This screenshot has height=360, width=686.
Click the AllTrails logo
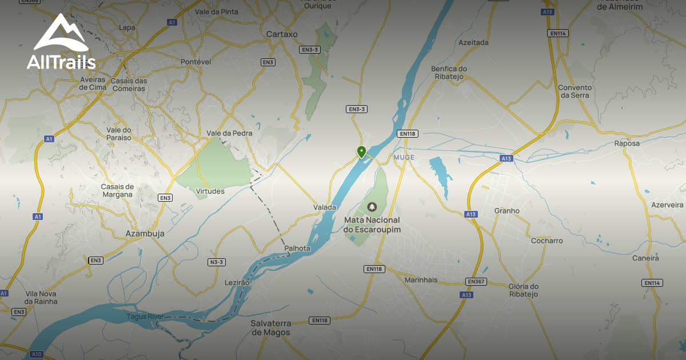pos(61,42)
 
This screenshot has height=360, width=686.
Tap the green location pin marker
pos(361,151)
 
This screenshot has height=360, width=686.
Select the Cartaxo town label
pos(282,34)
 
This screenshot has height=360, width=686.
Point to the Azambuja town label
pos(145,233)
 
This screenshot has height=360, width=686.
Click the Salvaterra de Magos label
pos(270,328)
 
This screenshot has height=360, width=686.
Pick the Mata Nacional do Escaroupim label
pos(372,225)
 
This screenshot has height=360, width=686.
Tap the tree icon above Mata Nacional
pos(372,206)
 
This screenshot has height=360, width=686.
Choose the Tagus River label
pos(145,317)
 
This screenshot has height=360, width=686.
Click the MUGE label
pos(404,157)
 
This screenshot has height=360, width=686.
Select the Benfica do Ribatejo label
pos(449,73)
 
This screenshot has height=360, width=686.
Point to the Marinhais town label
pos(421,280)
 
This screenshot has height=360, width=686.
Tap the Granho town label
pos(506,210)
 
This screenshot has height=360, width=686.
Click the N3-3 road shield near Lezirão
pos(217,262)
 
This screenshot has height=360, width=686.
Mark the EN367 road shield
pos(476,281)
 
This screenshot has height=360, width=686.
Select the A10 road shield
pos(37,354)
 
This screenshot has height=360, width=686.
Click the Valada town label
pos(325,207)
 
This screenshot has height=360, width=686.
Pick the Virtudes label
pos(210,191)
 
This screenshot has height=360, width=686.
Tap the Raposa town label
pos(627,143)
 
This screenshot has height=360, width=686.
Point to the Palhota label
pos(297,248)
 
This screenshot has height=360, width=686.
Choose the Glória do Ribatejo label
pos(523,290)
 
